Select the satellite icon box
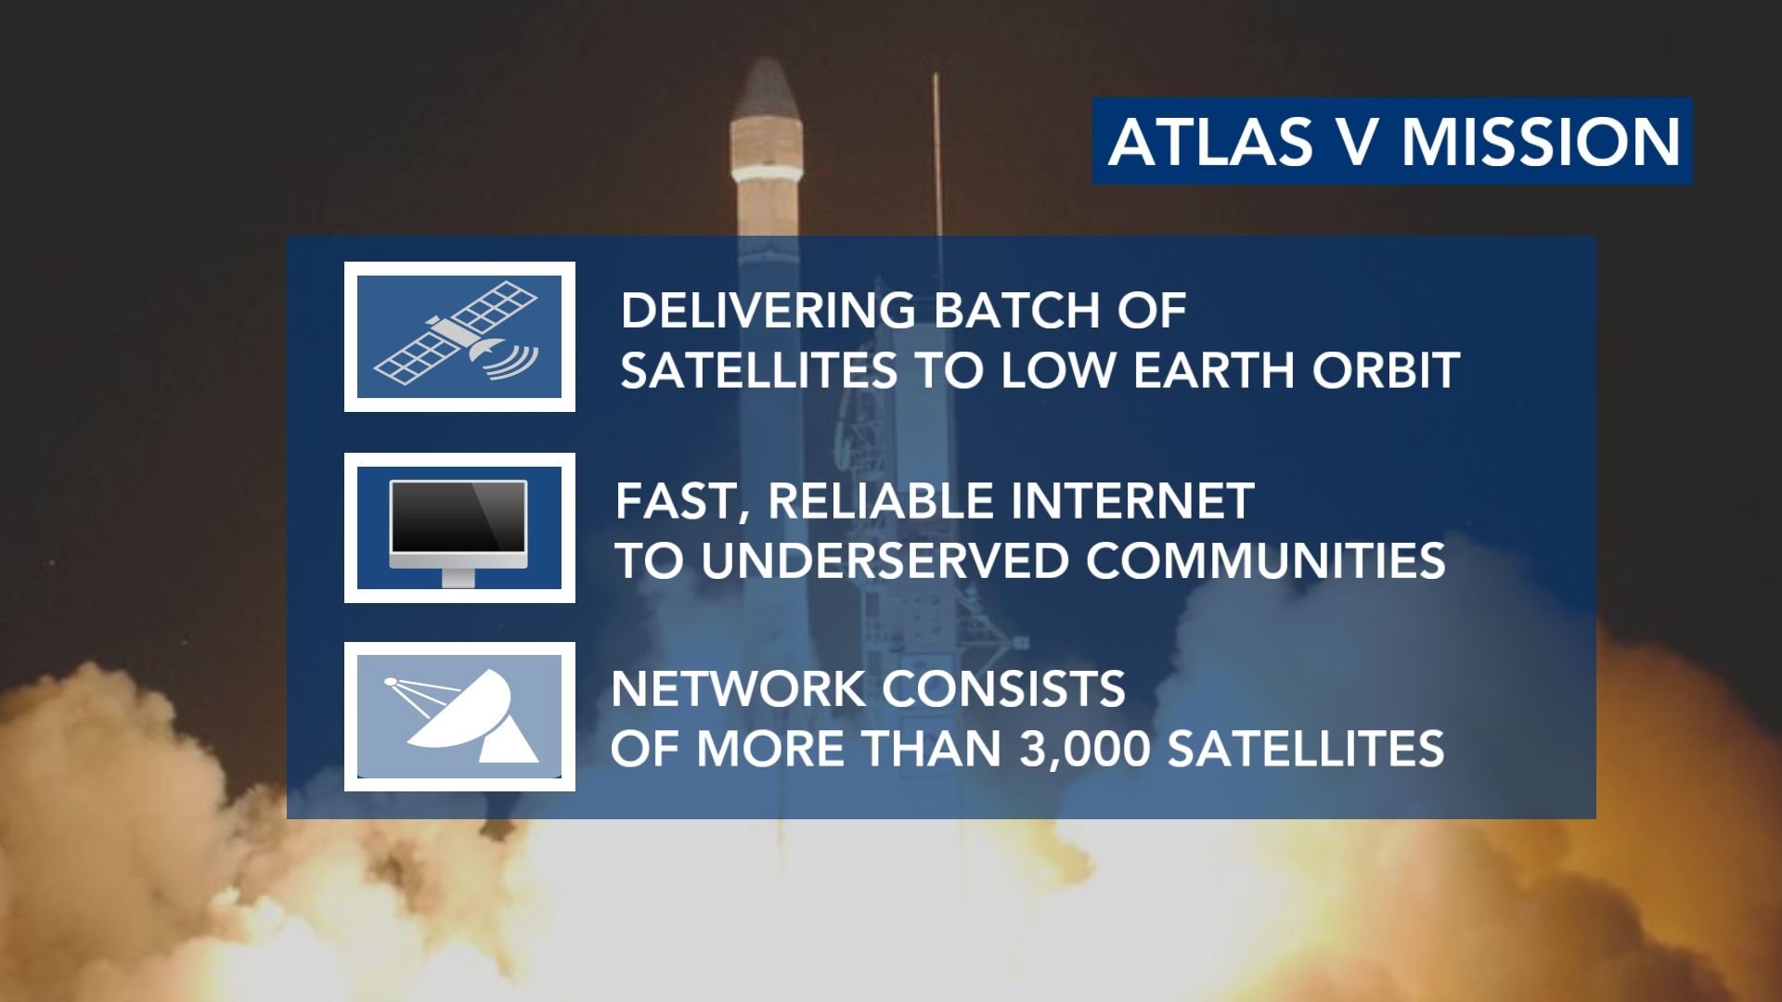tap(459, 337)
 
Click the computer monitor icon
tap(459, 532)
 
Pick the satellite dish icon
tap(461, 717)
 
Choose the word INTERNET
tap(1131, 501)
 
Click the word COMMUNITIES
tap(1266, 561)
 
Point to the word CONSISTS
tap(1003, 689)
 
